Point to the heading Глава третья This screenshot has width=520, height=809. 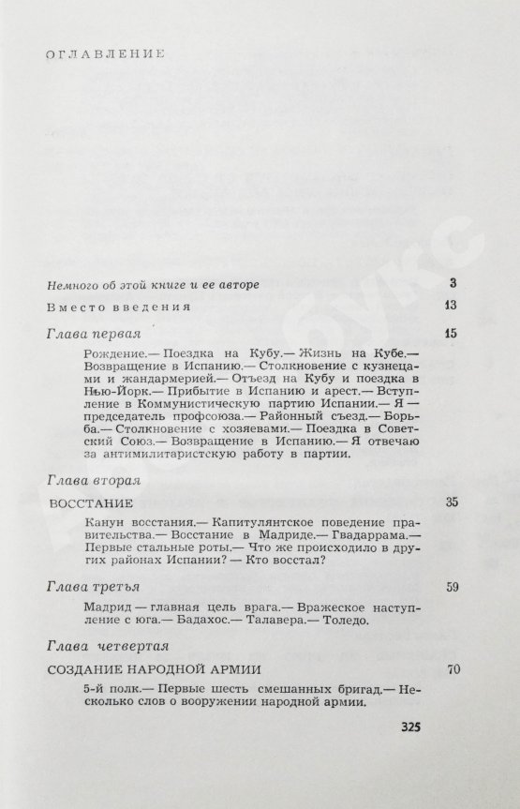coord(92,587)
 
